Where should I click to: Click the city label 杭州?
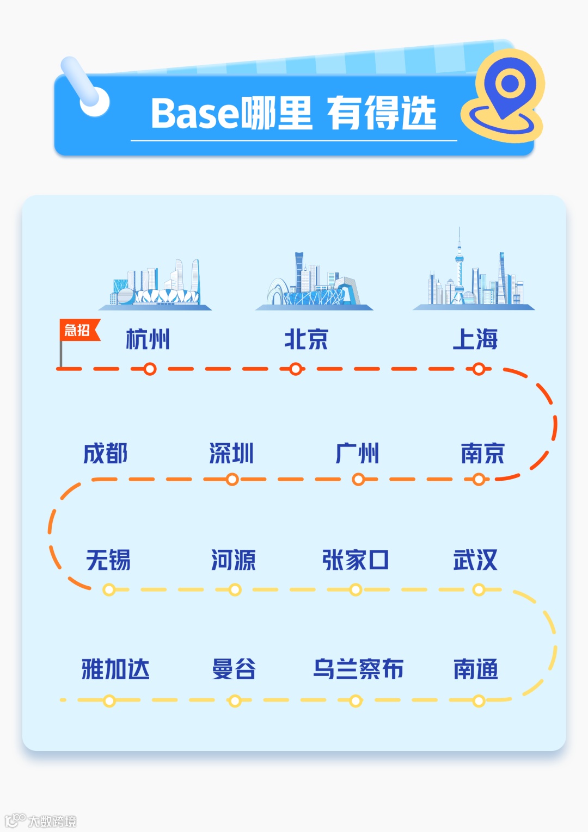[x=148, y=339]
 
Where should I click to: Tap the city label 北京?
[x=306, y=339]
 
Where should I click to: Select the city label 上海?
[x=475, y=339]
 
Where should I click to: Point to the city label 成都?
[x=106, y=453]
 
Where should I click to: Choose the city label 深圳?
[x=232, y=453]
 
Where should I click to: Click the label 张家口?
[x=355, y=560]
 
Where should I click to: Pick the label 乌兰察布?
[x=358, y=669]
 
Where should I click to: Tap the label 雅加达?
[x=115, y=669]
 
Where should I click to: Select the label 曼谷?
[x=234, y=669]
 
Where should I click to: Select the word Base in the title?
[x=195, y=114]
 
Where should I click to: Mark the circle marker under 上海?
[x=479, y=369]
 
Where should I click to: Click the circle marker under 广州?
[x=358, y=479]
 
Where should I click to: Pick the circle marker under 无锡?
[x=109, y=589]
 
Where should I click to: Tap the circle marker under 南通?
[x=479, y=701]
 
